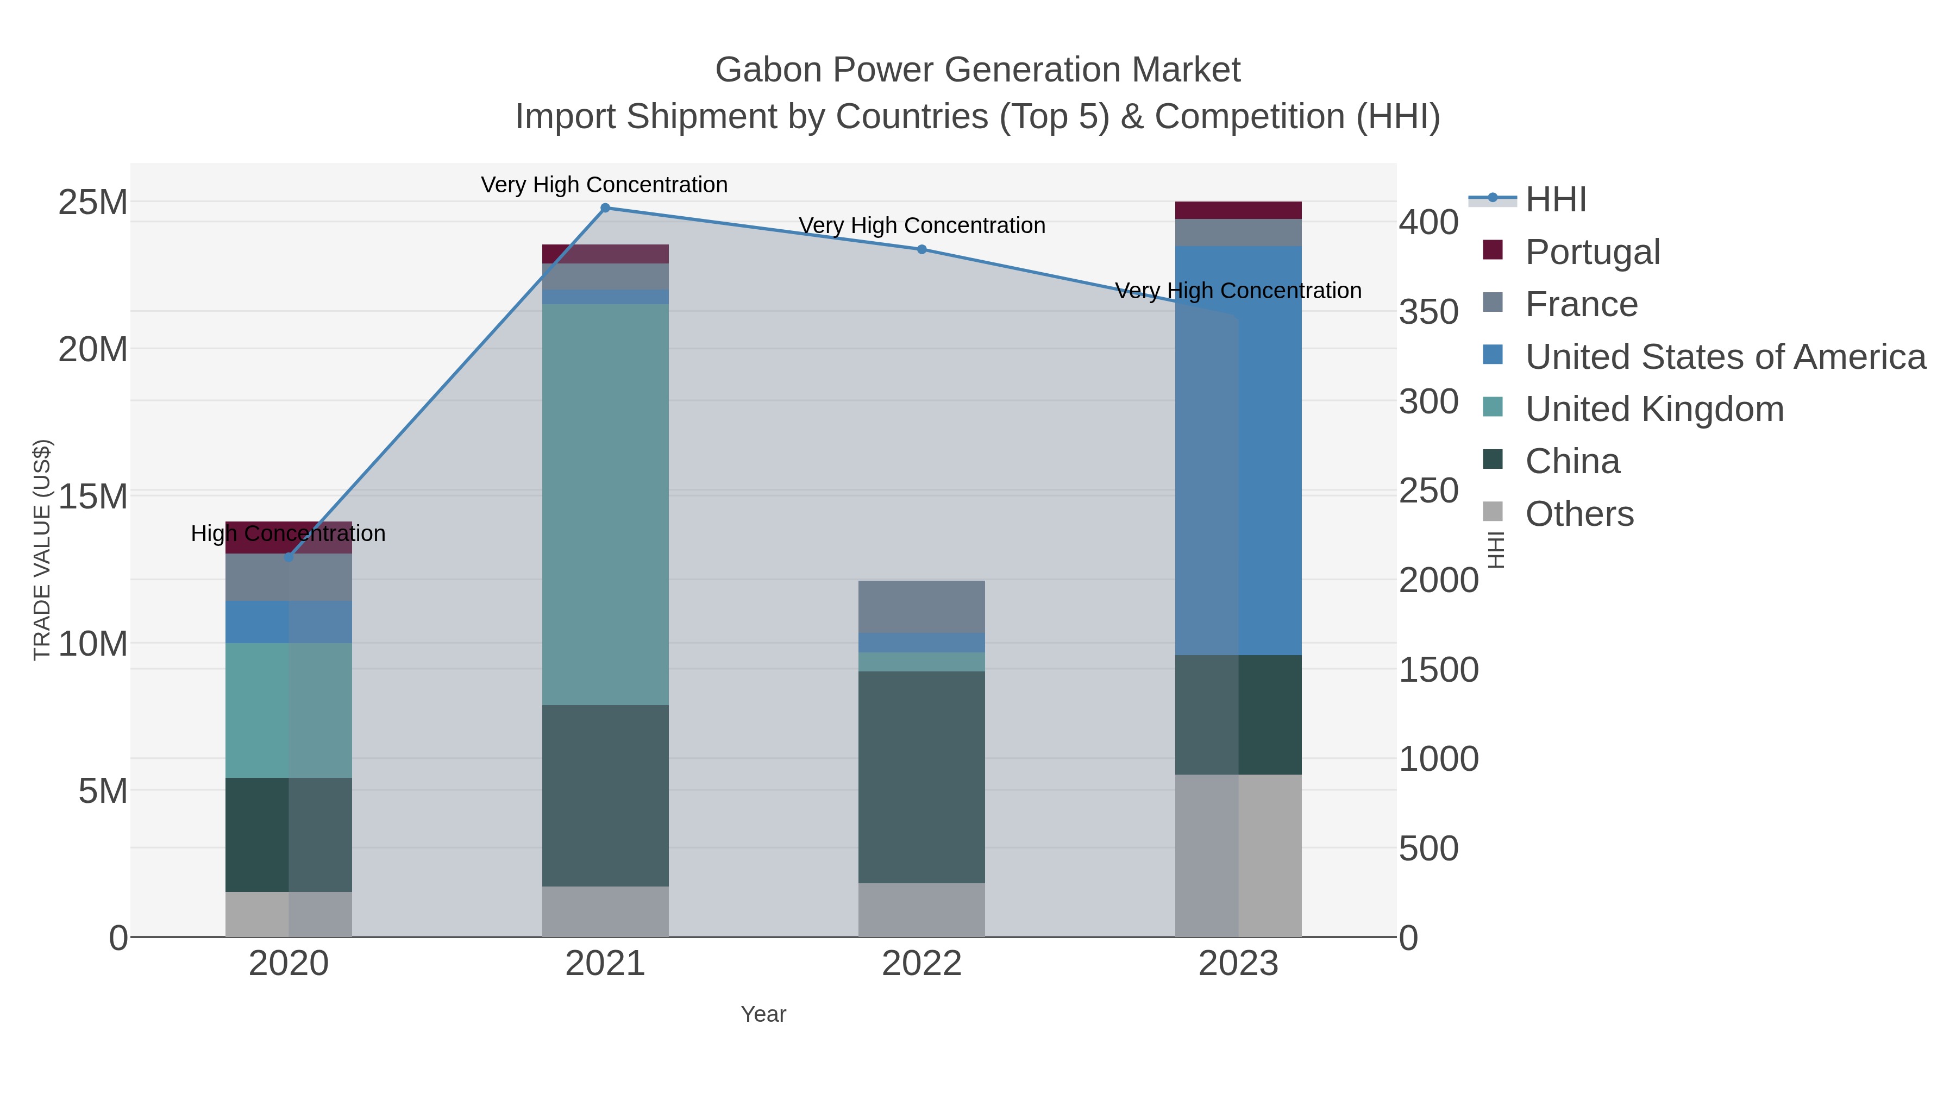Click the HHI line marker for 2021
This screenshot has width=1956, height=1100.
coord(605,208)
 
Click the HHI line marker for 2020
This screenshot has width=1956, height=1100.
coord(289,557)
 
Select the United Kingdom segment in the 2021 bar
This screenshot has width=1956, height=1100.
coord(605,504)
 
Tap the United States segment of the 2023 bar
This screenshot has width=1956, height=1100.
coord(1238,450)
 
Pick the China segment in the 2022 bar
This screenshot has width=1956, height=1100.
coord(922,777)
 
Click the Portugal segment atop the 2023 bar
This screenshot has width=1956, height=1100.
coord(1238,210)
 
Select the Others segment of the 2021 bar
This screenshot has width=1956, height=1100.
coord(605,911)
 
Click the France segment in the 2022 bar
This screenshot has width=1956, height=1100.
coord(922,607)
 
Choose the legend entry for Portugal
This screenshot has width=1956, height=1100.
coord(1593,252)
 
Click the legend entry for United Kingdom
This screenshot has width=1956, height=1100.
coord(1654,409)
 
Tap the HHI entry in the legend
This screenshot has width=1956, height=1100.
coord(1555,200)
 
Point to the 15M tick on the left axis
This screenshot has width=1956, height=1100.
coord(92,496)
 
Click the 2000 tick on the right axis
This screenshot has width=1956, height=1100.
coord(1438,581)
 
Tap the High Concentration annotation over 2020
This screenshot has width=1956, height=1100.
coord(289,533)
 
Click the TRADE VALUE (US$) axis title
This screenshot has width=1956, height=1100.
coord(42,550)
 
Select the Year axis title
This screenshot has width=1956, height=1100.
coord(763,1014)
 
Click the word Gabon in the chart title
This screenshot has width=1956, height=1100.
coord(768,70)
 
